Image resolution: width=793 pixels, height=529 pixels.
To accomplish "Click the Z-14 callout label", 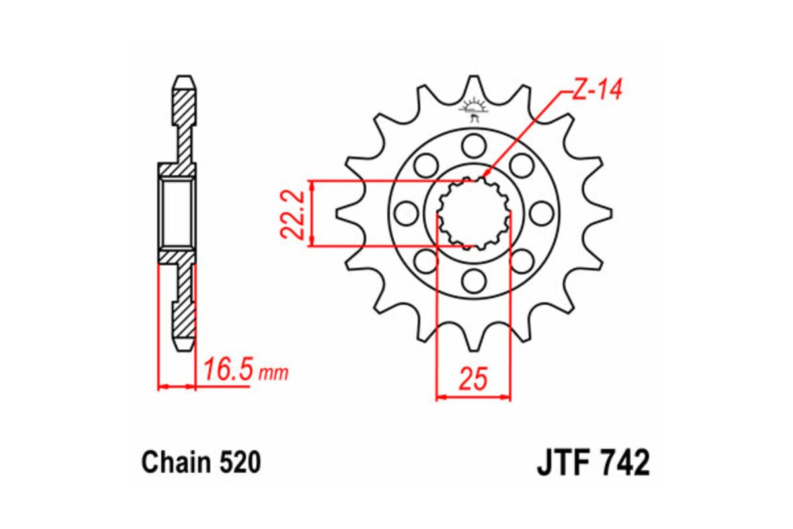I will coord(597,91).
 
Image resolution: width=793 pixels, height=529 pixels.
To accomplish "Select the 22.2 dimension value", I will coord(291,214).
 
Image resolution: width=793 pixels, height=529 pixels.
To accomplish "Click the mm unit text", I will coord(273,374).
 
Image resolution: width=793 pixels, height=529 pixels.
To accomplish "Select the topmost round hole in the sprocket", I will coord(473,144).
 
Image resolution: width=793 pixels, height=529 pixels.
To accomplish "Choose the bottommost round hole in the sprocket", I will coord(473,281).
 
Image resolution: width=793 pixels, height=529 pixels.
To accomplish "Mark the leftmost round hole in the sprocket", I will coord(405,213).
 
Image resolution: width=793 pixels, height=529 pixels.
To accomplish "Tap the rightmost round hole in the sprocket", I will coord(541,213).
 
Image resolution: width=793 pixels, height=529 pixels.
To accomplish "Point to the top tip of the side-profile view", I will coord(184,79).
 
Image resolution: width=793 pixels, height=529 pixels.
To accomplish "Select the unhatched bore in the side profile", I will coord(176,213).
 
